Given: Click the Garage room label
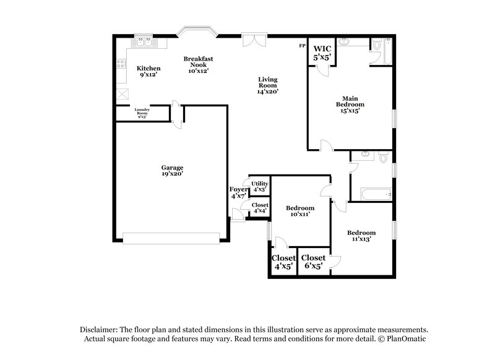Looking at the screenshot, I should point(173,171).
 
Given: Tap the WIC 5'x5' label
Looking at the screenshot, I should point(322,53).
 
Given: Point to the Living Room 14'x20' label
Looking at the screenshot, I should point(268,85).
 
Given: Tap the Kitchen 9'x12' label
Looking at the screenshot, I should point(148,71).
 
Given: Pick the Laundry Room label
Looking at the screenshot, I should point(143,113).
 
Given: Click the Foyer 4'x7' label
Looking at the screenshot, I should point(238,192).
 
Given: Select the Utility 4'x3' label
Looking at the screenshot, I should point(259,186).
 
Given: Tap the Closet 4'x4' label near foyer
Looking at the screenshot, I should point(260,208).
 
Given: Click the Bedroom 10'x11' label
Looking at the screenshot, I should point(299,211).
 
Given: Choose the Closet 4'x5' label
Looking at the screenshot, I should point(283,262).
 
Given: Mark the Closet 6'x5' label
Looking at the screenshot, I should point(313,262).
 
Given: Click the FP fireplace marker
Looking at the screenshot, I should point(302,46).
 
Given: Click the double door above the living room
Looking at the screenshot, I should point(252,40).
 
